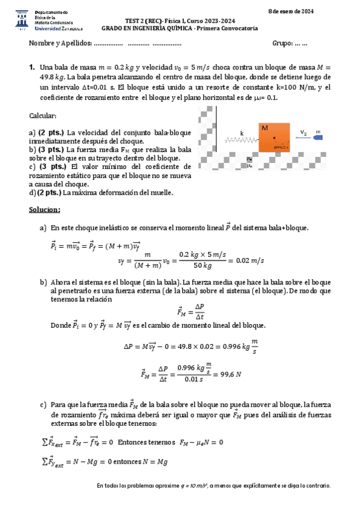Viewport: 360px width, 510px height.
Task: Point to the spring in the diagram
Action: click(242, 140)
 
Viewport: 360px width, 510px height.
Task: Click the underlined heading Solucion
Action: click(44, 210)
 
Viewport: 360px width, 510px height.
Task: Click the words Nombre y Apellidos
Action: click(60, 43)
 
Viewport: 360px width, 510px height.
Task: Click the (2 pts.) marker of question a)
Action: click(51, 132)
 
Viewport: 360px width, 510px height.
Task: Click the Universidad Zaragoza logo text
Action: click(59, 28)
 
